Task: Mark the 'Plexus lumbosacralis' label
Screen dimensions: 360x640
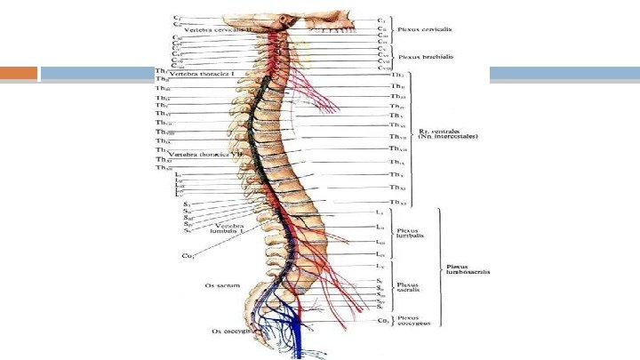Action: tap(467, 268)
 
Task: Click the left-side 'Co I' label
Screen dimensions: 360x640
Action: tap(188, 255)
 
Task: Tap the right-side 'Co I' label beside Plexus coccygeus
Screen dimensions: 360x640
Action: tap(381, 320)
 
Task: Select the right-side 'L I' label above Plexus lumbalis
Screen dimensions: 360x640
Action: tap(380, 212)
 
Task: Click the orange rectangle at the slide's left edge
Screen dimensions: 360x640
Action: tap(19, 74)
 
